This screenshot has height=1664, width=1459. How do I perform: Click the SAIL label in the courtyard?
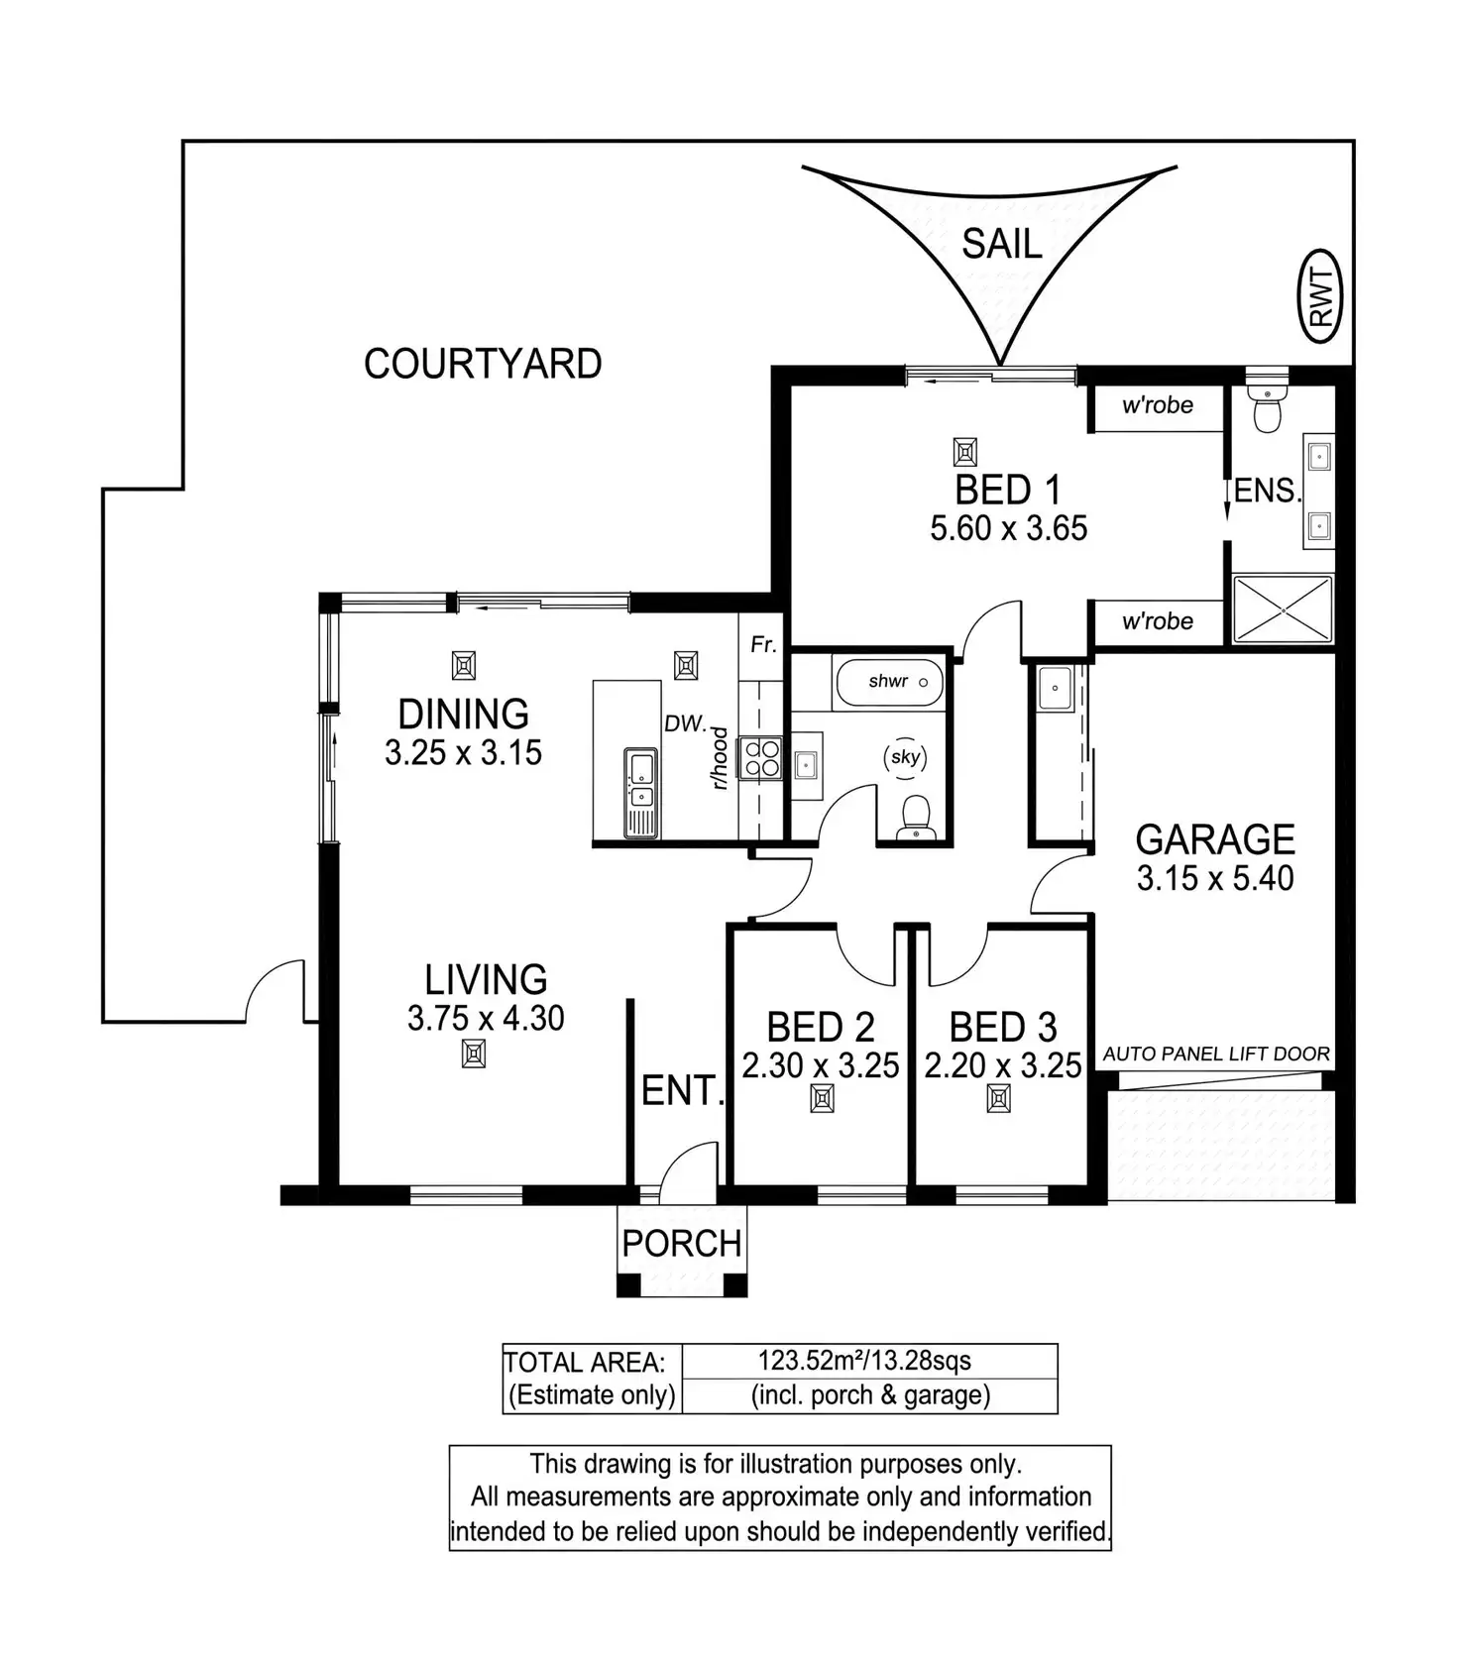(x=1001, y=244)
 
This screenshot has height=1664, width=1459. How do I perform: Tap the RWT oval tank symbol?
(x=1321, y=296)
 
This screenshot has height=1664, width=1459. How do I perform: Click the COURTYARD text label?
(x=483, y=364)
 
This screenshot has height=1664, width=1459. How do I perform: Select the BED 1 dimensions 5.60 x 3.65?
(x=1008, y=528)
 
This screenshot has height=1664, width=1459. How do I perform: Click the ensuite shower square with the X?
(x=1282, y=609)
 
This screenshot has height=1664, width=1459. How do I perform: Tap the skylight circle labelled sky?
(x=905, y=758)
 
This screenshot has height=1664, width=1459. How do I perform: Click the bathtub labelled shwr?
(x=889, y=682)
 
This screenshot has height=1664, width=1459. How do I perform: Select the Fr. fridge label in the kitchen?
(x=762, y=645)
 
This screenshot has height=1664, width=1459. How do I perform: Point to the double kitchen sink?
(x=639, y=781)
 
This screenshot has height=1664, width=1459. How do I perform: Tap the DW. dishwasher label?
(x=684, y=724)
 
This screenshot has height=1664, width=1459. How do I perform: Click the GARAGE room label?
(x=1215, y=839)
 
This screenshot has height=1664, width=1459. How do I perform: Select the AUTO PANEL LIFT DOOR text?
(x=1216, y=1054)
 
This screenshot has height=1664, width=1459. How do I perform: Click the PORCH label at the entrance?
(x=682, y=1243)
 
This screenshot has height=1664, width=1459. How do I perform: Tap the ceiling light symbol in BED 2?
(x=822, y=1098)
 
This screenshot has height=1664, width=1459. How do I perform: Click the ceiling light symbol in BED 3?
(x=999, y=1098)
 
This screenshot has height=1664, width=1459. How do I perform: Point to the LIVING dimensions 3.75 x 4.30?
(x=486, y=1018)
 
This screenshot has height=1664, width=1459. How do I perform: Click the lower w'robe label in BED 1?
(x=1157, y=621)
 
